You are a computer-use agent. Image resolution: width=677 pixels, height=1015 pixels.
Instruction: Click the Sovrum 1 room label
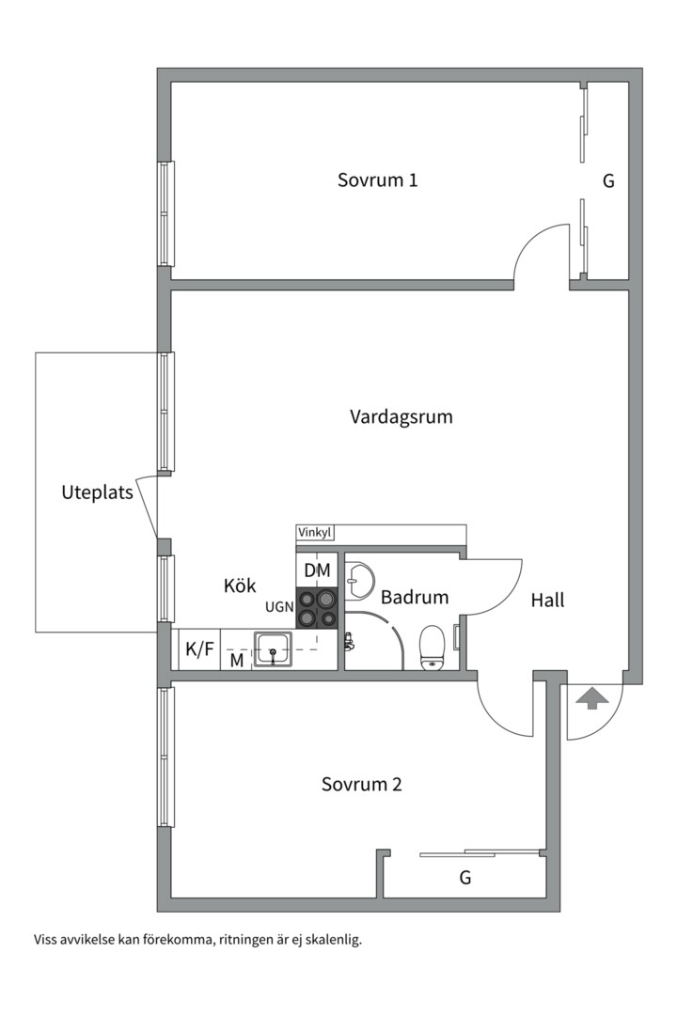click(377, 180)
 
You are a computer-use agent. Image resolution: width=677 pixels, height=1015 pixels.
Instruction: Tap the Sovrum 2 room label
click(361, 784)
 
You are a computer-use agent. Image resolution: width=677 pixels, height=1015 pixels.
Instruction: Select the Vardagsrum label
click(401, 416)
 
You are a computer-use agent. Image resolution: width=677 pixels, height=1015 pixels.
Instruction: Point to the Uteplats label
click(97, 492)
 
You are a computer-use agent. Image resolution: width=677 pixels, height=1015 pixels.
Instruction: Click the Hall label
click(547, 600)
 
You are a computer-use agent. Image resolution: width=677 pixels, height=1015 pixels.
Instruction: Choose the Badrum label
click(414, 597)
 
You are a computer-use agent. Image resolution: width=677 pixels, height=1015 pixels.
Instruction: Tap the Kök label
click(240, 586)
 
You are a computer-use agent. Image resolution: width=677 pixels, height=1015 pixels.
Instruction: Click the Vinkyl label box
click(315, 533)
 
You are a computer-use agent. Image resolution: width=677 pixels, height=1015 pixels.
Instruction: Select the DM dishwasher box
click(317, 570)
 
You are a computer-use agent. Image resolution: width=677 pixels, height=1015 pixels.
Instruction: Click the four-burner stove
click(317, 607)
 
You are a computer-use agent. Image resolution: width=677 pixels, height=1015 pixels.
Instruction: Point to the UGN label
click(279, 607)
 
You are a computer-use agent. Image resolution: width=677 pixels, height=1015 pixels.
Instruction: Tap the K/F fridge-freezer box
click(198, 648)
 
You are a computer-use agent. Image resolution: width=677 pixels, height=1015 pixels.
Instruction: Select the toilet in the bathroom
click(432, 648)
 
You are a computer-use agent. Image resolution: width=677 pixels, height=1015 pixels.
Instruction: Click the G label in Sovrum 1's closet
click(608, 181)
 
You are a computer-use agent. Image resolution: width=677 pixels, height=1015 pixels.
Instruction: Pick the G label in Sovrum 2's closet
click(464, 878)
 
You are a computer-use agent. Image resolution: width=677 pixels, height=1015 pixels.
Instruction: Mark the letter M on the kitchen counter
click(237, 660)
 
